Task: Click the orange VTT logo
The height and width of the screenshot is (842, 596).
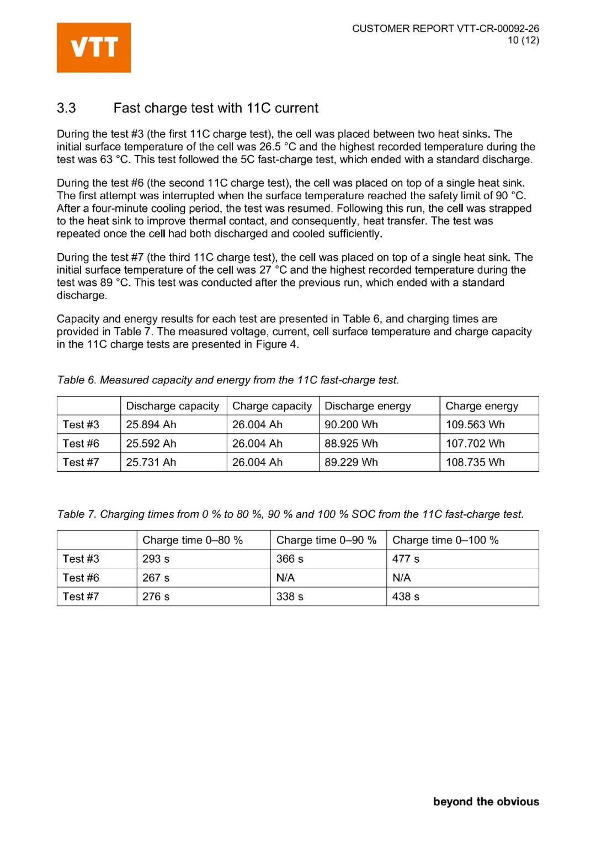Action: coord(94,47)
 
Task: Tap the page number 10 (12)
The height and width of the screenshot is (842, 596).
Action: coord(523,40)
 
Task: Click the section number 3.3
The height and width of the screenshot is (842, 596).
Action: coord(66,108)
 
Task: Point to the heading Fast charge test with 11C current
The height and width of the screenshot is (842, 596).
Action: coord(216,108)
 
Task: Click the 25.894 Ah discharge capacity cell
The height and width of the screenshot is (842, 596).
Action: coord(151,425)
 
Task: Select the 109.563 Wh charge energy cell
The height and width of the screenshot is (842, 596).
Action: coord(475,425)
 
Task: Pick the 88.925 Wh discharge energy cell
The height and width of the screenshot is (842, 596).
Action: coord(351,444)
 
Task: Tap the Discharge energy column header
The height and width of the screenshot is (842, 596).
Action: coord(368,406)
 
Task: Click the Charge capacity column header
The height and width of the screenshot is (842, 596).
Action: coord(272,406)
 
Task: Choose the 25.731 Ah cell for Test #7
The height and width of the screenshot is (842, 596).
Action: coord(151,462)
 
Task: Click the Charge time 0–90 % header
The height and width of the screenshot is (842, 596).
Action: coord(326,540)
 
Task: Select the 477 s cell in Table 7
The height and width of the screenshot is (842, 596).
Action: coord(406,559)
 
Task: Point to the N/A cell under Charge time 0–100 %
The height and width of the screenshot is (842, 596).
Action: coord(401,578)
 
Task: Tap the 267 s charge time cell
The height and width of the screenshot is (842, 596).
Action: coord(156,578)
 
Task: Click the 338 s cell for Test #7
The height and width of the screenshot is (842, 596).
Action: coord(290,596)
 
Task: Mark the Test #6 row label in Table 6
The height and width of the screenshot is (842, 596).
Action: coord(81,444)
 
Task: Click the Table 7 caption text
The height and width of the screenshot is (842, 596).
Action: coord(290,514)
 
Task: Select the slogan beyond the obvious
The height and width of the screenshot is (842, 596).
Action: coord(486,802)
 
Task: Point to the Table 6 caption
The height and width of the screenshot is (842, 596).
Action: coord(227,380)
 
